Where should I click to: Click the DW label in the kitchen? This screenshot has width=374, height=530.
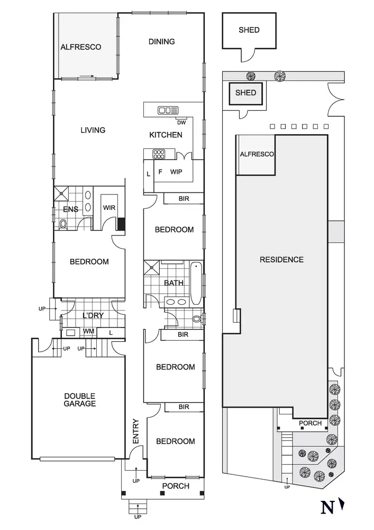[181, 122]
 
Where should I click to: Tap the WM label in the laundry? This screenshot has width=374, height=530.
[88, 332]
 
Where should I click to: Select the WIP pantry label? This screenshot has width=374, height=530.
[176, 172]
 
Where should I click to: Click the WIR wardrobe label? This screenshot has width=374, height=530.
[110, 208]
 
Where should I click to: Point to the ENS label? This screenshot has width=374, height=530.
[71, 209]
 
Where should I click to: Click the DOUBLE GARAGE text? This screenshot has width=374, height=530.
[80, 400]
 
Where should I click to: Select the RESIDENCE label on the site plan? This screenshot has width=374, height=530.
[281, 260]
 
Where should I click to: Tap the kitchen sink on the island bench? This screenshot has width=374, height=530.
[168, 110]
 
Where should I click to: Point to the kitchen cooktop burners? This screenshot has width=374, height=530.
[159, 154]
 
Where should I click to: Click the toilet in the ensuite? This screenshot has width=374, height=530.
[63, 224]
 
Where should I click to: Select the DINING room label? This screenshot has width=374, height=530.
[161, 41]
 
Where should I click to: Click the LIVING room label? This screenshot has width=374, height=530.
[93, 130]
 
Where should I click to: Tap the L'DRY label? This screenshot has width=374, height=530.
[93, 316]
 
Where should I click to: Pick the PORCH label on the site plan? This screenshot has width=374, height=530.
[310, 423]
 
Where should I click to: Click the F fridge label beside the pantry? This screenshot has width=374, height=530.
[160, 172]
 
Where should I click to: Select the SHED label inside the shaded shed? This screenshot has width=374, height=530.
[245, 93]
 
